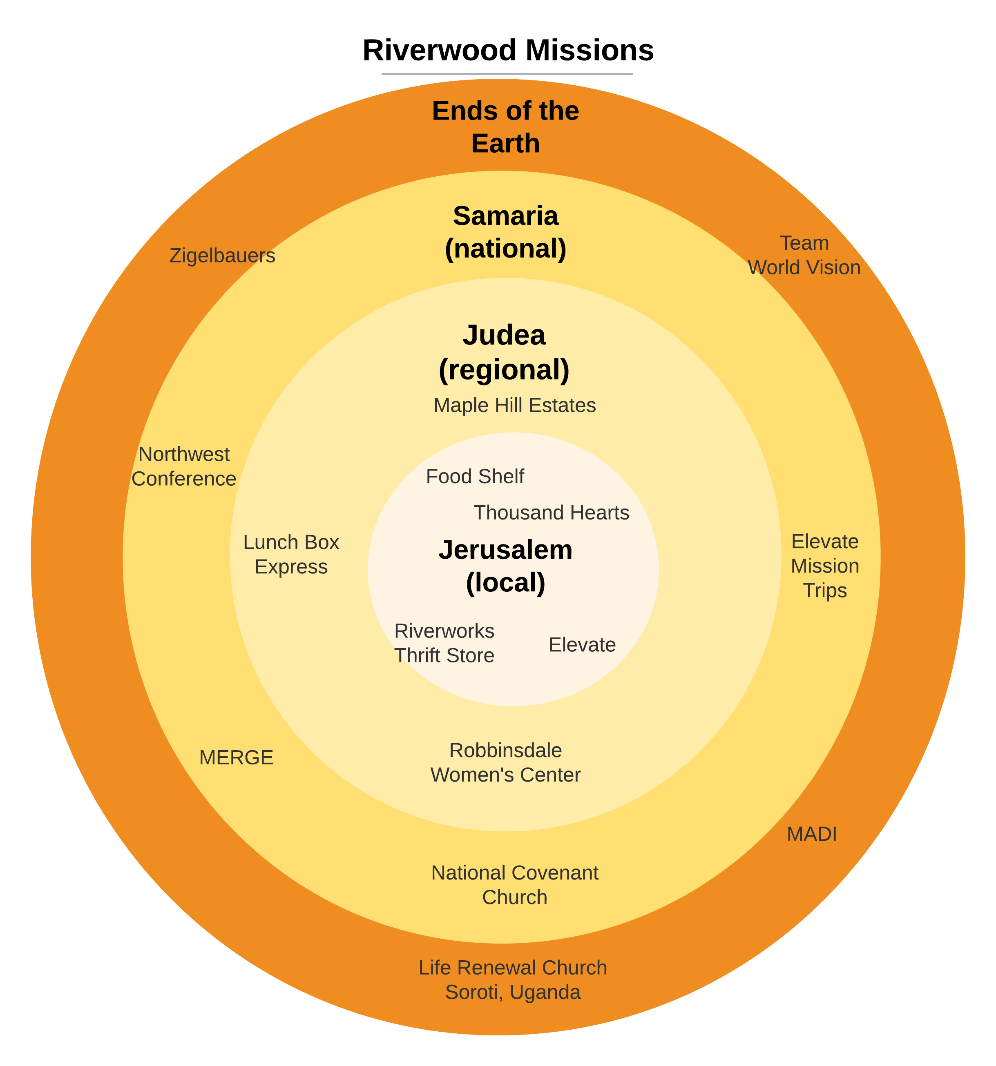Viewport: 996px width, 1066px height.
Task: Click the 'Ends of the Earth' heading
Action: pos(505,127)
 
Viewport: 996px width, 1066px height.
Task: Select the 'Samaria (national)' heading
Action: pos(505,232)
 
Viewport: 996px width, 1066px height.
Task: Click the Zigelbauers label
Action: pos(222,256)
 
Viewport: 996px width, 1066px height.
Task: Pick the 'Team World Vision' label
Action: pos(804,255)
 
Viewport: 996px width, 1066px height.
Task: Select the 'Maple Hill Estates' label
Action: pos(515,405)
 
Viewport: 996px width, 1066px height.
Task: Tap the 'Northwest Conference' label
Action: pos(184,466)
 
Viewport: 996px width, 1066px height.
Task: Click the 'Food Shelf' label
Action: pos(475,476)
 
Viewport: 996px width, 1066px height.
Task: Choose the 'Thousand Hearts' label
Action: pos(551,513)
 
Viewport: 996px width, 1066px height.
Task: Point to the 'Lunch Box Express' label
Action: pos(291,555)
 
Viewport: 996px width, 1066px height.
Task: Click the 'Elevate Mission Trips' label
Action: pos(825,566)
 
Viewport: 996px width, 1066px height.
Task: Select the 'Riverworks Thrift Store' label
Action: pos(444,643)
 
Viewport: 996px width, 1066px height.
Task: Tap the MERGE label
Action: pos(236,758)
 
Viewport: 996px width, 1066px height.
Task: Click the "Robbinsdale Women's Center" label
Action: pos(505,762)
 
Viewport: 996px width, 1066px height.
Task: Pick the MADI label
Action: pos(811,834)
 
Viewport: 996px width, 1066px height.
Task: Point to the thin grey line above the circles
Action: pos(507,73)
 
